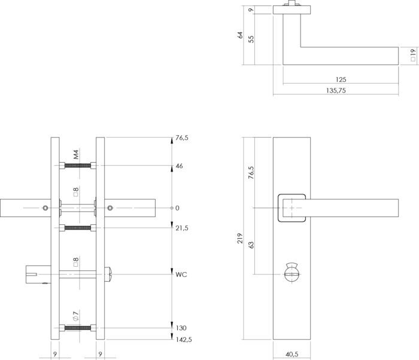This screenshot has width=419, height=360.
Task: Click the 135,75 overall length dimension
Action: point(336,90)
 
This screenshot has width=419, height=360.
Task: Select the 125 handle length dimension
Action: point(341,80)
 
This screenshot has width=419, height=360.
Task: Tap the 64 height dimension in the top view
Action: point(240,35)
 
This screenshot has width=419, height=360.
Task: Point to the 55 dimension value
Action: point(251,39)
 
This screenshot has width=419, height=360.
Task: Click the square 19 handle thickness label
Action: point(413,55)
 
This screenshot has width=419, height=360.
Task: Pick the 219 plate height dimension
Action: point(240,238)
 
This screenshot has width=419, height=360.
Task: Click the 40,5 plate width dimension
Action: point(292,355)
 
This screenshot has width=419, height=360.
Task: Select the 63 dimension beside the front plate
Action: point(251,245)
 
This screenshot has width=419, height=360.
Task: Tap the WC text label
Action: point(181,274)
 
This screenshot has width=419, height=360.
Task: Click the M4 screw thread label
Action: point(76,155)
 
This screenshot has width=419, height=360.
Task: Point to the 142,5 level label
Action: point(184,340)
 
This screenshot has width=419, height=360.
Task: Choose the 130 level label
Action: point(181,328)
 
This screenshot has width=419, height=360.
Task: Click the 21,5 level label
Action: point(182,228)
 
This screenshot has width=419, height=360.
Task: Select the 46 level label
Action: point(180,166)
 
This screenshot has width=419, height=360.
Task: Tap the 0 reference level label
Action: point(177,208)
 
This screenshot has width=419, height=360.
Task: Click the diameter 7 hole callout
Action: point(76,316)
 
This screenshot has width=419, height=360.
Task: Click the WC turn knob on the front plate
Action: point(292,273)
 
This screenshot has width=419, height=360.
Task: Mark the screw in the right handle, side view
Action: point(110,208)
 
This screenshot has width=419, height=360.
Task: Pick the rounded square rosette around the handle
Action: point(292,208)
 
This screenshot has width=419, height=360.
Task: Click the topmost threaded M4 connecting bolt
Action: point(78,166)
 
